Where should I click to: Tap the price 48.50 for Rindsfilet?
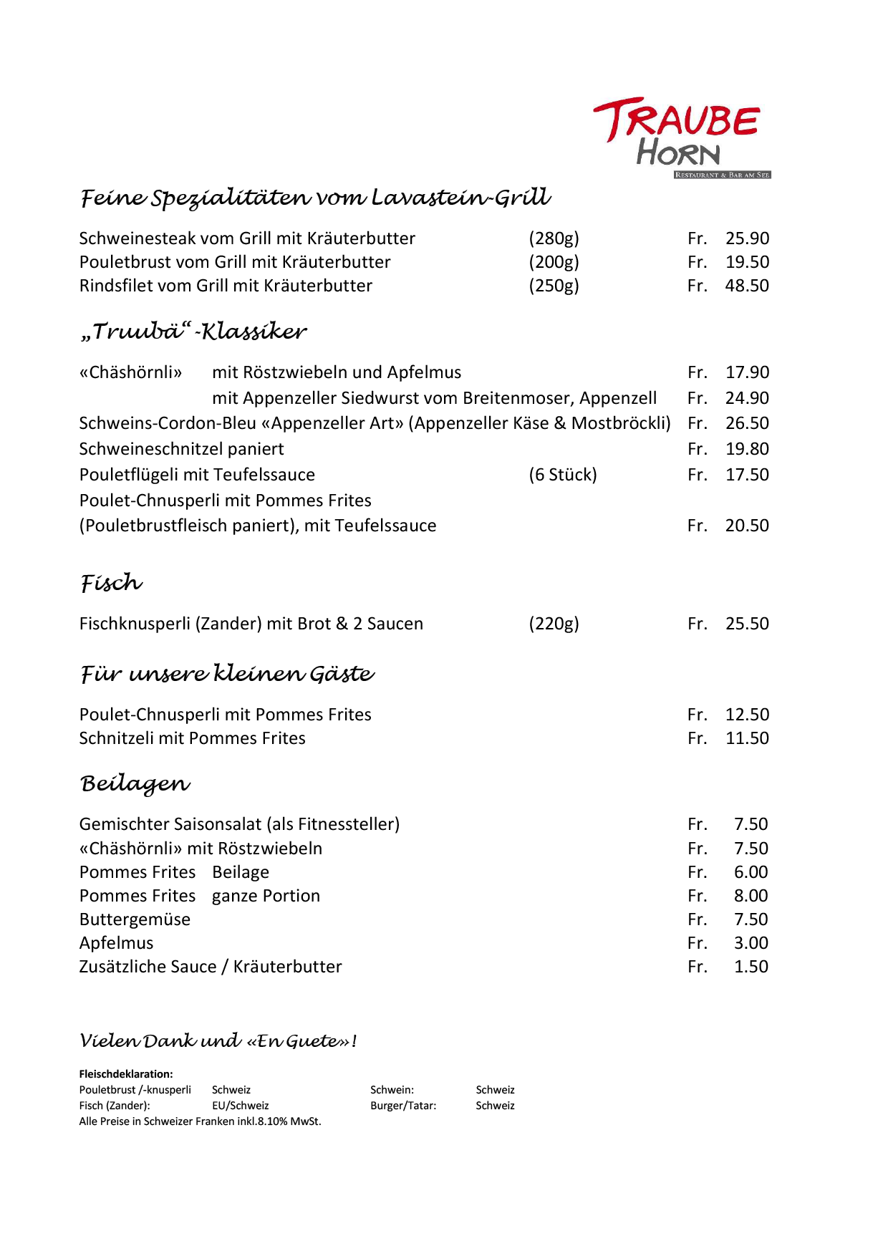point(747,286)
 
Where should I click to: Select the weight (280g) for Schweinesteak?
point(554,238)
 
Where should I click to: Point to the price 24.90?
point(747,398)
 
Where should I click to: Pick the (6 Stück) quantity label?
point(562,475)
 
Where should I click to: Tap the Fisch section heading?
point(111,584)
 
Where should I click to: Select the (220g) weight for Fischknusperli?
point(554,624)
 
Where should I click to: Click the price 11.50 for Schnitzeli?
point(747,738)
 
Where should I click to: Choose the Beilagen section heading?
point(135,784)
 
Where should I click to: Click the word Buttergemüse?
point(135,919)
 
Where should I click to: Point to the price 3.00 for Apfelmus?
point(751,943)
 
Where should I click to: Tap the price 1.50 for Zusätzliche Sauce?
point(751,967)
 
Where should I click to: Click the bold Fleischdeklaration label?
point(126,1074)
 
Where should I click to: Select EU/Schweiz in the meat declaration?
point(240,1106)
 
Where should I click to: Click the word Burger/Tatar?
point(403,1106)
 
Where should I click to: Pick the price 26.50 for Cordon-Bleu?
point(747,423)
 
